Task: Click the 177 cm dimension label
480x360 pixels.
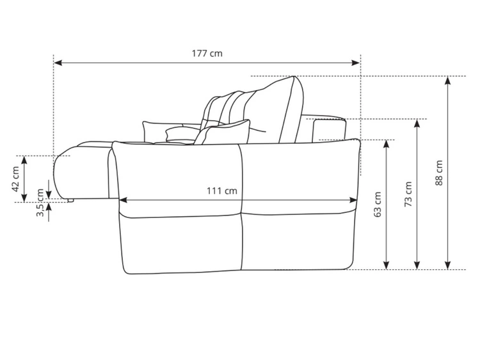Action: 207,53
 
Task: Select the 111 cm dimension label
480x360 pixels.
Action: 221,191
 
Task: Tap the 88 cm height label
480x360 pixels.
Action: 439,173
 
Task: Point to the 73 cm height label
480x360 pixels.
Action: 408,194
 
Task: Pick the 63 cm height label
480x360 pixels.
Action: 378,203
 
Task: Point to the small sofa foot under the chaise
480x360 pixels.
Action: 71,200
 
